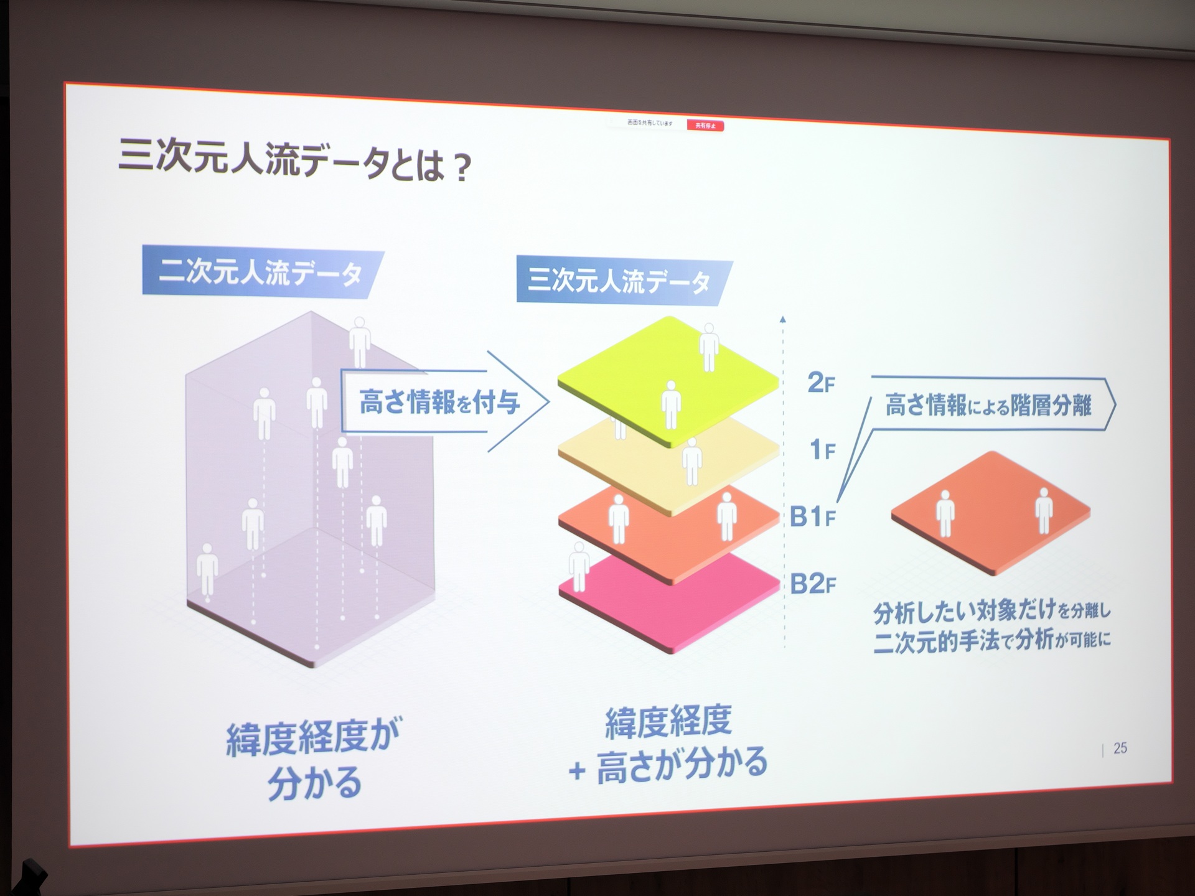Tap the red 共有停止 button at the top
(705, 126)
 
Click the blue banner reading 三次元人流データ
(620, 282)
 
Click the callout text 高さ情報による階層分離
(988, 405)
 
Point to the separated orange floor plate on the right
(991, 513)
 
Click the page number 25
(1120, 748)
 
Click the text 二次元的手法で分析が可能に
(992, 641)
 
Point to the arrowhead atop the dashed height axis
(783, 319)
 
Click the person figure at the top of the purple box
(360, 339)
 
